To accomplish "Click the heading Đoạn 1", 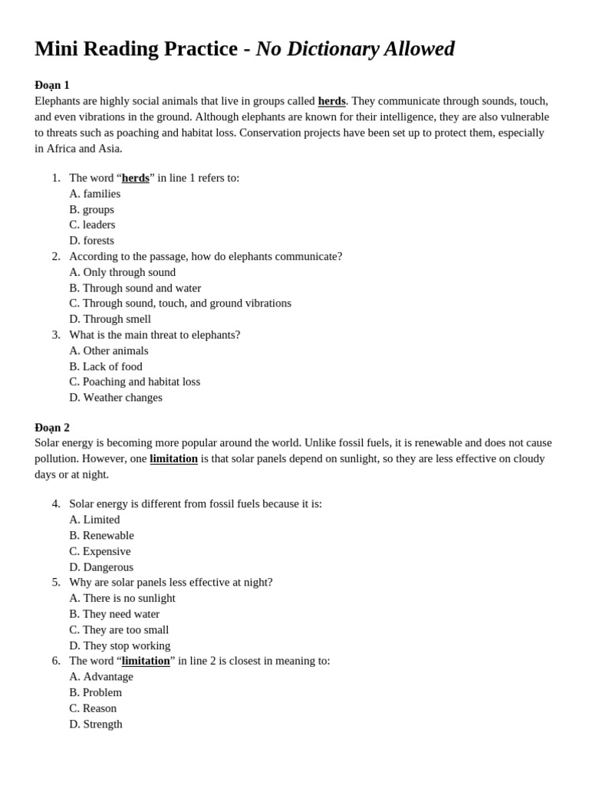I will pyautogui.click(x=52, y=85).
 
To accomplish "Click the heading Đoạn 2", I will pyautogui.click(x=52, y=428).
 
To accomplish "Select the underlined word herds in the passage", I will pyautogui.click(x=331, y=101).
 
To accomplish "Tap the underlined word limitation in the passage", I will pyautogui.click(x=173, y=458).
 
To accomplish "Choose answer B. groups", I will pyautogui.click(x=91, y=209).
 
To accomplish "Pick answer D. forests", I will pyautogui.click(x=91, y=241).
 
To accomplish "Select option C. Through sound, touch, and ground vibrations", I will pyautogui.click(x=180, y=303).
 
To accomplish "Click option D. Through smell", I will pyautogui.click(x=110, y=319).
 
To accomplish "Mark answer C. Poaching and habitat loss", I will pyautogui.click(x=134, y=382).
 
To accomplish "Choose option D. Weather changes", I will pyautogui.click(x=116, y=397).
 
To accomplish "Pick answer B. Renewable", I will pyautogui.click(x=101, y=535).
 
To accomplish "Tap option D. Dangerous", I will pyautogui.click(x=101, y=567).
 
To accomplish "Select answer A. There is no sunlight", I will pyautogui.click(x=122, y=598).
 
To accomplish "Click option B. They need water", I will pyautogui.click(x=114, y=614).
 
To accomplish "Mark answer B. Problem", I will pyautogui.click(x=95, y=692).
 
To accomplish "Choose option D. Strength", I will pyautogui.click(x=96, y=724).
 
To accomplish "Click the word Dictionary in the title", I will pyautogui.click(x=331, y=49).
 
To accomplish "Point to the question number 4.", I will pyautogui.click(x=56, y=504).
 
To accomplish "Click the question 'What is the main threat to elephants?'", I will pyautogui.click(x=154, y=335).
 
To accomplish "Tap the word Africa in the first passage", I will pyautogui.click(x=62, y=148).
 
